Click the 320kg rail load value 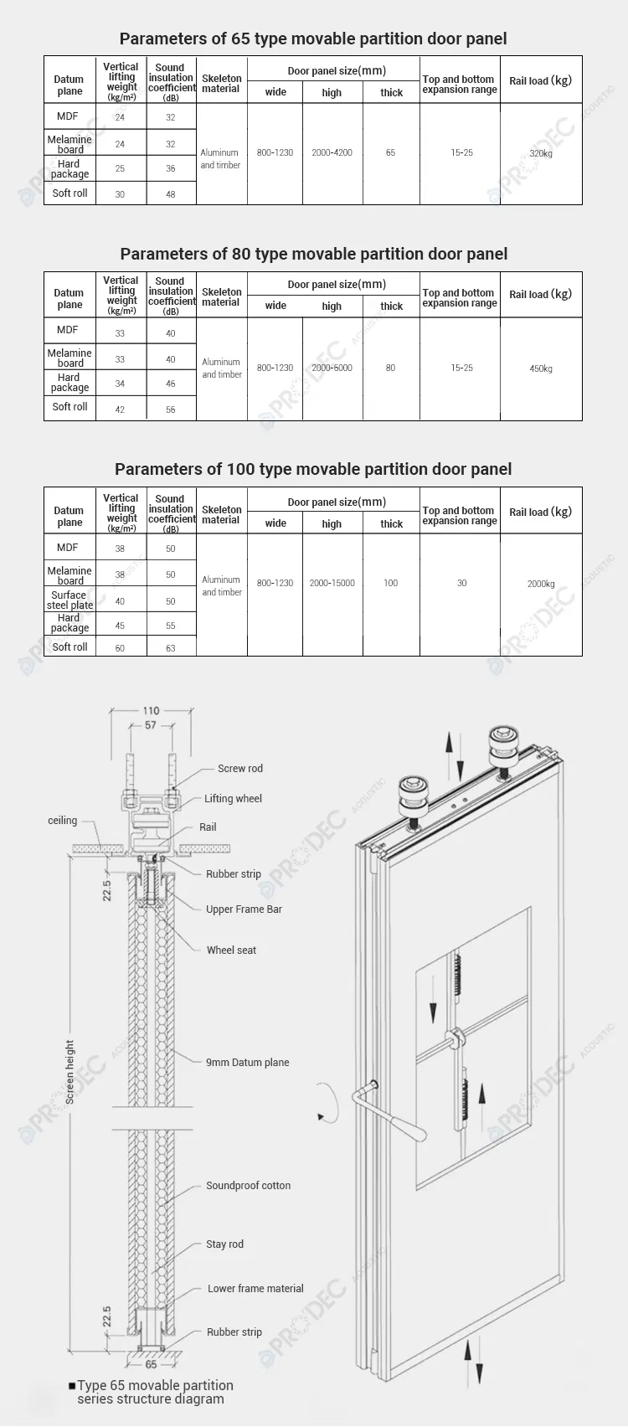pyautogui.click(x=541, y=153)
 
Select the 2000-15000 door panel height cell pyautogui.click(x=332, y=583)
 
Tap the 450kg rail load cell pyautogui.click(x=541, y=368)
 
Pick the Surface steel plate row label pyautogui.click(x=69, y=600)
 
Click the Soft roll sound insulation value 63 pyautogui.click(x=171, y=647)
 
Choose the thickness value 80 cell pyautogui.click(x=390, y=368)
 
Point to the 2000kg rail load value pyautogui.click(x=541, y=584)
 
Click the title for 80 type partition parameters pyautogui.click(x=313, y=254)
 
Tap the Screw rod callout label pyautogui.click(x=239, y=768)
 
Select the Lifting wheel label pyautogui.click(x=233, y=798)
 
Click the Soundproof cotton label pyautogui.click(x=248, y=1185)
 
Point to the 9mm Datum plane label pyautogui.click(x=247, y=1062)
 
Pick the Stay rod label pyautogui.click(x=224, y=1244)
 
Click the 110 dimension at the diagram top pyautogui.click(x=151, y=710)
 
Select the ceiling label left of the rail pyautogui.click(x=62, y=821)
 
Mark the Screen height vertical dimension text pyautogui.click(x=69, y=1072)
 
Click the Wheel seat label pyautogui.click(x=231, y=950)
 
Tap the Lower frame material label pyautogui.click(x=255, y=1288)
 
